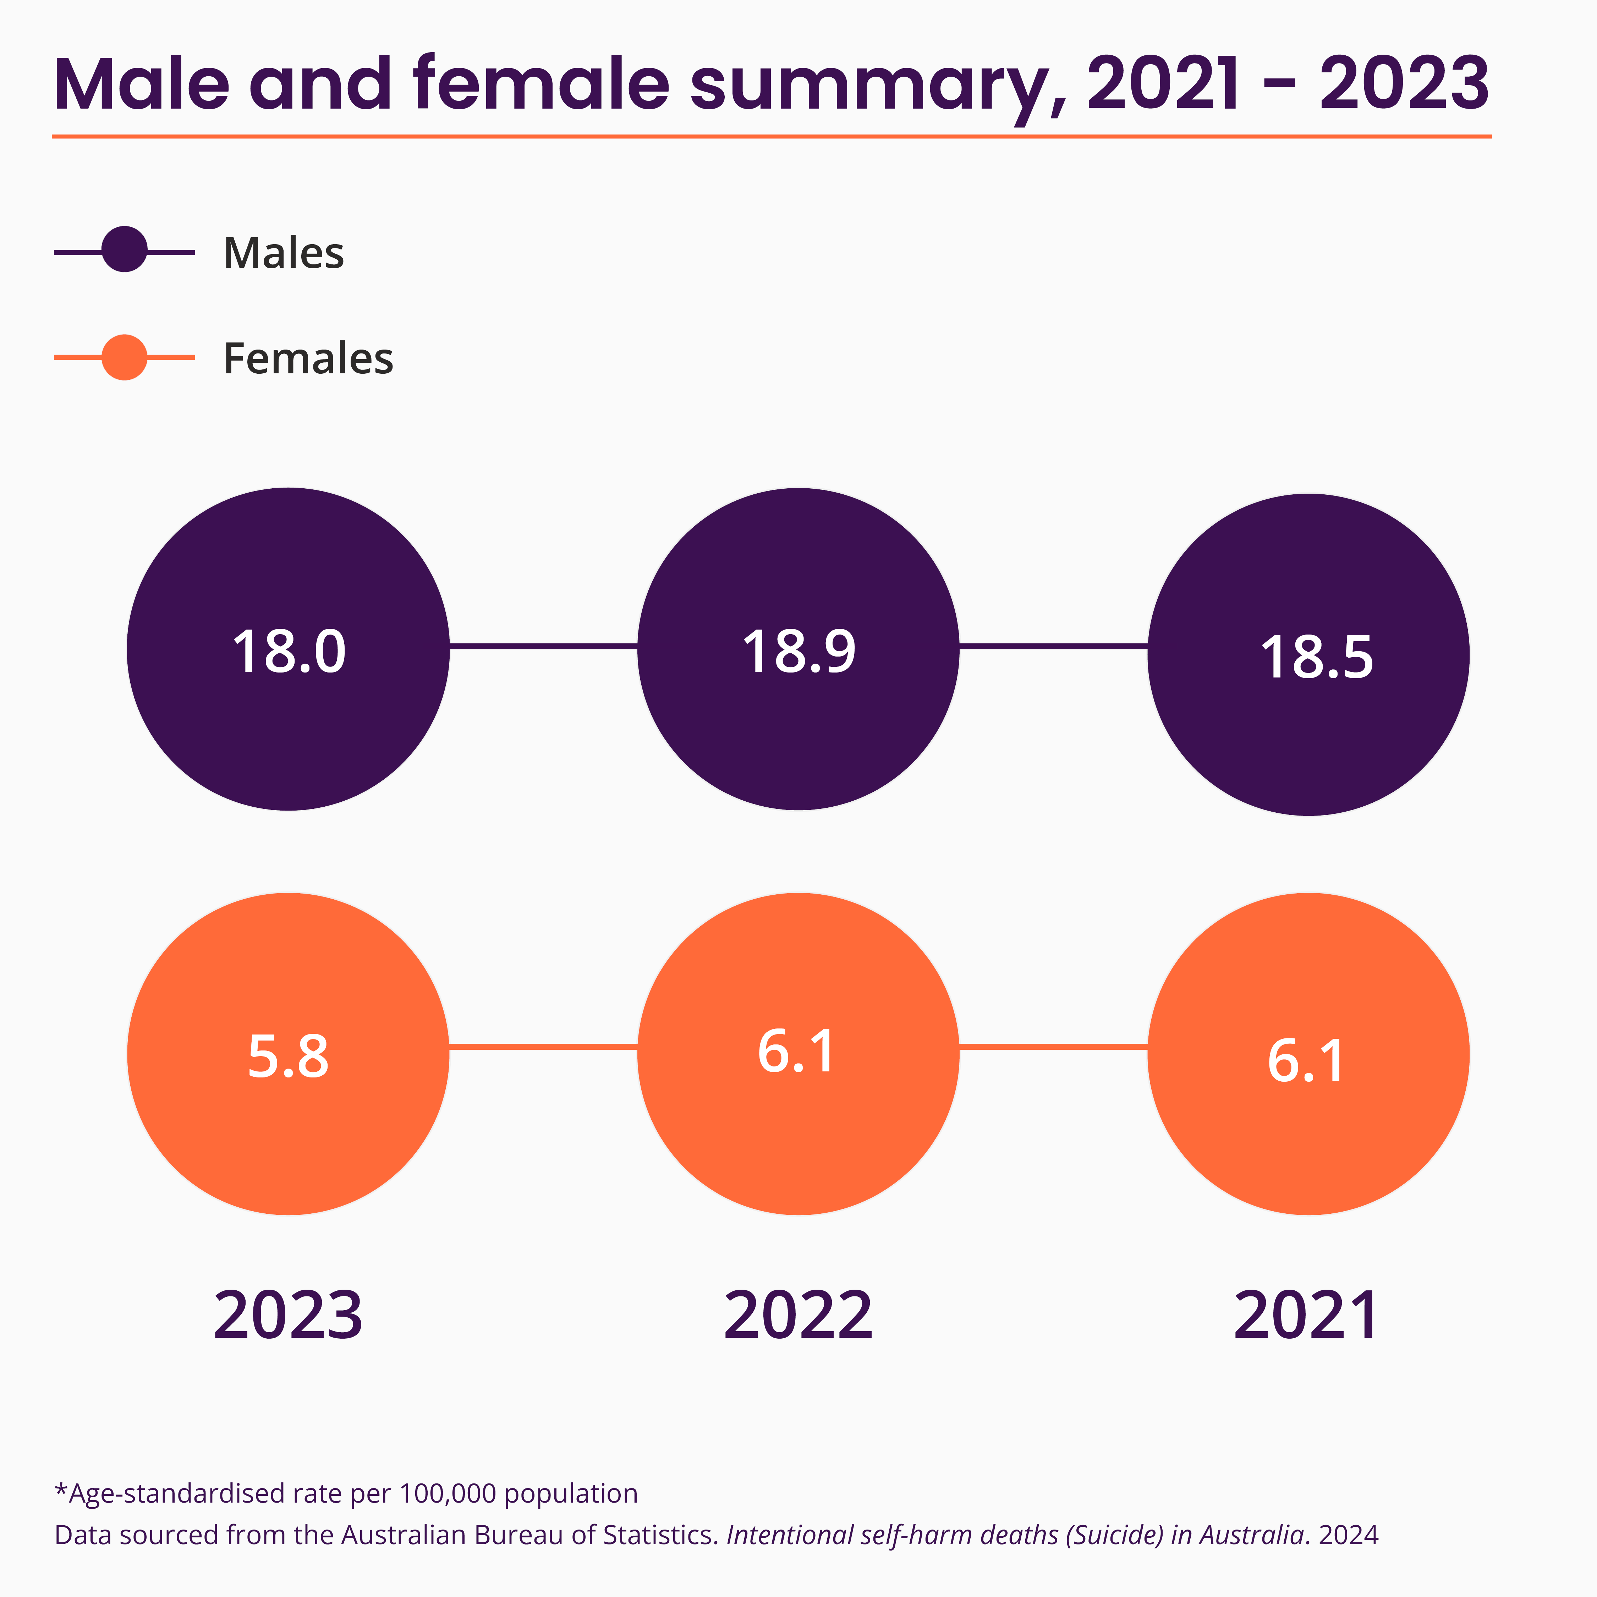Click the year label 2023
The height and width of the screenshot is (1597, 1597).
(x=288, y=1316)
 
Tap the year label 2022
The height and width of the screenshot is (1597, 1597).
(x=798, y=1316)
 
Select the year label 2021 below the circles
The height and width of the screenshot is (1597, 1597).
(x=1306, y=1316)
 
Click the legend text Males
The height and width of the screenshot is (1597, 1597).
(x=284, y=253)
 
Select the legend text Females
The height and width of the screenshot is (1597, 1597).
(x=308, y=359)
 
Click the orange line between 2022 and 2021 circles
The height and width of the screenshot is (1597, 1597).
(x=1053, y=1047)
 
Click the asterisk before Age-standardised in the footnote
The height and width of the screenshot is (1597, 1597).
(x=60, y=1492)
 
